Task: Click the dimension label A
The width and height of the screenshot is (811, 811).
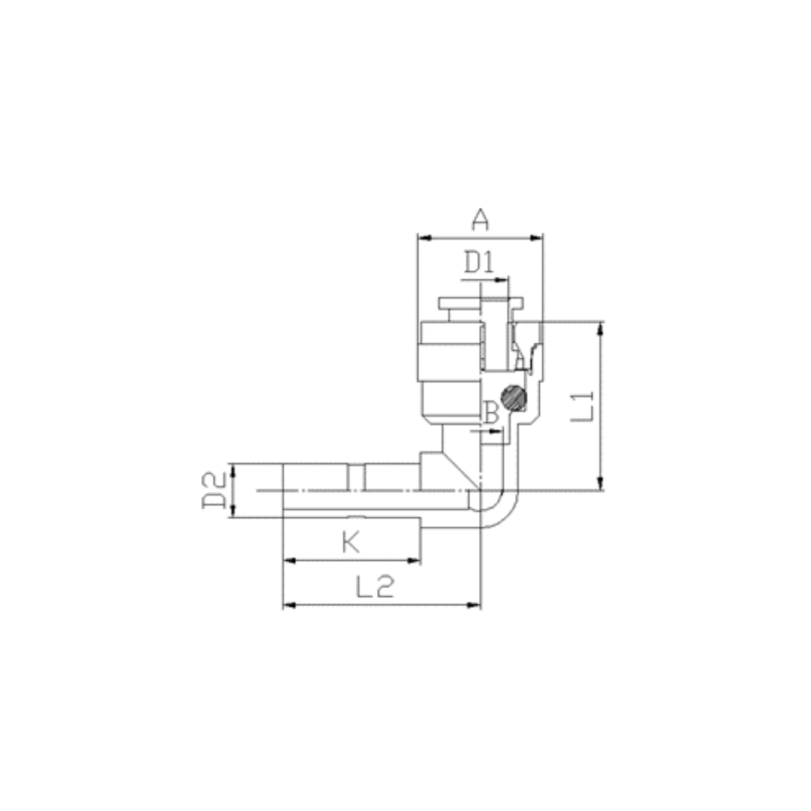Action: tap(480, 220)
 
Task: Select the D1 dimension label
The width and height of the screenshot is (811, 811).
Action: tap(479, 262)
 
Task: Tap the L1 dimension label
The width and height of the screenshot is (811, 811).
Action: tap(583, 406)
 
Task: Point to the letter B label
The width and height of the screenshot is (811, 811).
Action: tap(491, 412)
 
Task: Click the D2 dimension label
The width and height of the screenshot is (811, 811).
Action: tap(214, 490)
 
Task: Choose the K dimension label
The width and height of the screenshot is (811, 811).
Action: tap(351, 543)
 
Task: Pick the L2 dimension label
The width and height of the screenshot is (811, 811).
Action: tap(375, 586)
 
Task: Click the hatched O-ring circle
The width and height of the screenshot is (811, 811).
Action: tap(514, 398)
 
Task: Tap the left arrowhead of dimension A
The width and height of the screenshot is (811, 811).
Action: tap(424, 238)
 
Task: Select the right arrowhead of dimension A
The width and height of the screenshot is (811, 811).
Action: tap(536, 238)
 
